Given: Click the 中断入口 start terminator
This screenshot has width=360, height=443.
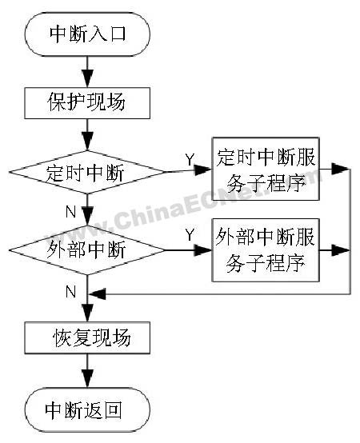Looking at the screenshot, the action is (x=87, y=34).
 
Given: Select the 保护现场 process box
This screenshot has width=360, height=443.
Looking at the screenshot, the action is (x=87, y=103).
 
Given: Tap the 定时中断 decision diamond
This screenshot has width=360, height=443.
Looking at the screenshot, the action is (x=87, y=172).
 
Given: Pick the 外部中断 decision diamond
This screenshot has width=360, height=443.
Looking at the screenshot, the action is (x=87, y=250).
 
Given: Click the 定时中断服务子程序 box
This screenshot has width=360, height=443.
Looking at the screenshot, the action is (x=266, y=169).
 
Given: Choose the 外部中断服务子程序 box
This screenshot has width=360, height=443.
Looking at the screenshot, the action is (x=266, y=250).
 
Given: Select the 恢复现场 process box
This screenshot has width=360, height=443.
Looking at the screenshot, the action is (x=87, y=337).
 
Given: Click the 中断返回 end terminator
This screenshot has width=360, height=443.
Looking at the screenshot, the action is (x=87, y=409).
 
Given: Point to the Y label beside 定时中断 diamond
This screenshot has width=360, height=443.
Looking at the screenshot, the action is (x=190, y=159).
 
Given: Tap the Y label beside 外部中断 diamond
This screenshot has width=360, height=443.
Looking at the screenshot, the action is (x=190, y=234).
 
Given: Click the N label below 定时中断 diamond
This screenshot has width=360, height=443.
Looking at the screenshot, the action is (x=70, y=211).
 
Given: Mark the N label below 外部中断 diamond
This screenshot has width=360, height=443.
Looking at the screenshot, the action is (x=70, y=291).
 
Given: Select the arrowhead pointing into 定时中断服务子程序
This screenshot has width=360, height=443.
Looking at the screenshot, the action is (x=203, y=170).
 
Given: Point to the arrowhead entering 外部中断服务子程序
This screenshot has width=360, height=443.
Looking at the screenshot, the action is (x=203, y=250).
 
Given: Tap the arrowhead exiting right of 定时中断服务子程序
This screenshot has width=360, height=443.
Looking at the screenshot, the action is (x=340, y=169).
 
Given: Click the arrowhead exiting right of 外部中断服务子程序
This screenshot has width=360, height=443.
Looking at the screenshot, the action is (x=340, y=250).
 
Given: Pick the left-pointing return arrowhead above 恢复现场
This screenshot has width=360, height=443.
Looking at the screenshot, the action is (x=98, y=294).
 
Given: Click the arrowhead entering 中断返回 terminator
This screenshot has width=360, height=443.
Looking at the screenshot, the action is (x=87, y=378).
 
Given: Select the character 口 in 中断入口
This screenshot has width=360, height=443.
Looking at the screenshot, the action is (x=118, y=34).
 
